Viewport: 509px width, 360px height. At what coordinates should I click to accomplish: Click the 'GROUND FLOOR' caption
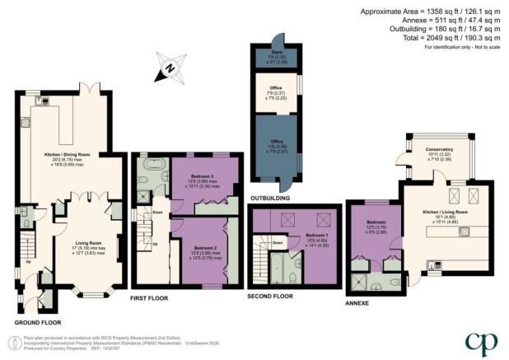click(39, 321)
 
